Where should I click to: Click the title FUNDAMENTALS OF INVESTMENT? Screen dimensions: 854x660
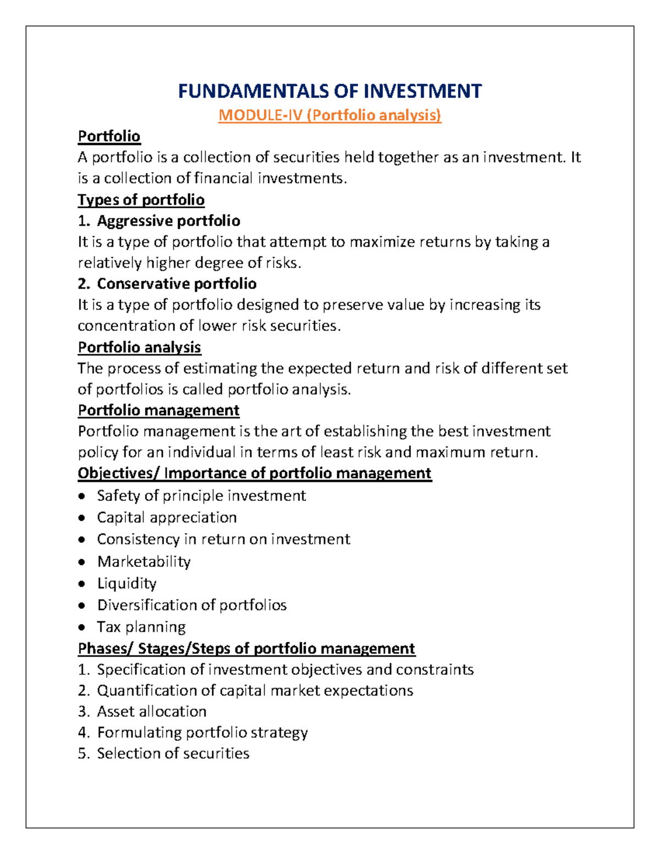tap(330, 91)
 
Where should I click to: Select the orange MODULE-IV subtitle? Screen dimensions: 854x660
tap(330, 115)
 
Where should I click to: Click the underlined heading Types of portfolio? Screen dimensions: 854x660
tap(141, 200)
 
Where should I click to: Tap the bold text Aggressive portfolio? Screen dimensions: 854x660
tap(168, 221)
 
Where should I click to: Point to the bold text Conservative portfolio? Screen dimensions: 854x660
tap(177, 283)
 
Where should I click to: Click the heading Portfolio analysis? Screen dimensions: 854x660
tap(139, 347)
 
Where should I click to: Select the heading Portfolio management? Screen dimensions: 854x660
tap(158, 410)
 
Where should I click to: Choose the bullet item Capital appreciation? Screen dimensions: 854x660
tap(167, 517)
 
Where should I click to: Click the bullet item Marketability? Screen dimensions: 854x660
tap(144, 561)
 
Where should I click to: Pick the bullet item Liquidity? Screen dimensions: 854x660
tap(127, 583)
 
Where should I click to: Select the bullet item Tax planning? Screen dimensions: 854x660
tap(141, 627)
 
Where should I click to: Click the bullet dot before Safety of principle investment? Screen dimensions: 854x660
tap(82, 496)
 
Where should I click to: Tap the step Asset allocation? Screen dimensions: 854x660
tap(152, 711)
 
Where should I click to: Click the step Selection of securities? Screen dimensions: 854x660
tap(173, 753)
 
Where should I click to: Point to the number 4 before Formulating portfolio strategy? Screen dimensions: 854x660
tap(82, 732)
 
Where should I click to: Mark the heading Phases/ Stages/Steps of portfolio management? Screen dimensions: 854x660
tap(246, 648)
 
